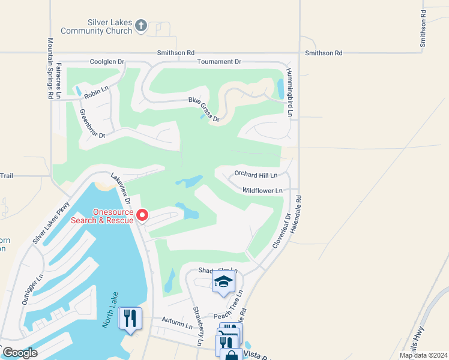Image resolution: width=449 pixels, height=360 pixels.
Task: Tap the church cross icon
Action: point(141,25)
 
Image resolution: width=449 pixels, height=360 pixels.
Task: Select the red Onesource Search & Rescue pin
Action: point(142,214)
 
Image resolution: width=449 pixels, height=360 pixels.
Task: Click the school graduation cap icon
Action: point(223,280)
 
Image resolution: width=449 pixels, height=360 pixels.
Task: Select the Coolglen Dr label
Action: point(107,62)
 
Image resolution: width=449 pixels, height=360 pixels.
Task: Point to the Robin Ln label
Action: point(96,92)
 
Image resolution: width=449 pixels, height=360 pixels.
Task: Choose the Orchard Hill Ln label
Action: point(256,175)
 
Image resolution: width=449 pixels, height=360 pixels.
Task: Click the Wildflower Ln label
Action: point(262,191)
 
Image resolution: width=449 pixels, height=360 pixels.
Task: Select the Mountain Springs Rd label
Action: point(50,68)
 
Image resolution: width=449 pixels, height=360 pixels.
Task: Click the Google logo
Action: point(20,353)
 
